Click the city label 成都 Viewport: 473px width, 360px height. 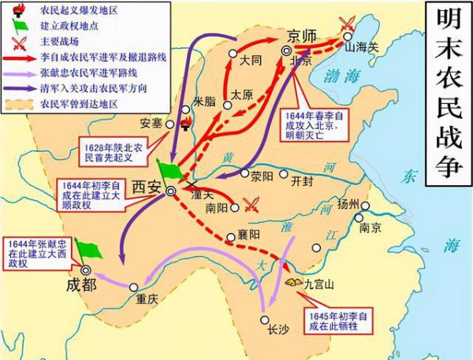point(82,285)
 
